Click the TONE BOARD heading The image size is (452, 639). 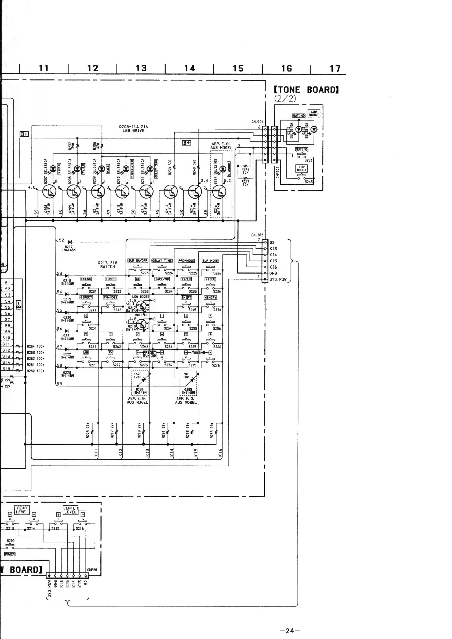[306, 90]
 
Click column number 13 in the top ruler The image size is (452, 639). [141, 68]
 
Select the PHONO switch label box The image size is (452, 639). [86, 279]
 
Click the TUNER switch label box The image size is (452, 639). [111, 279]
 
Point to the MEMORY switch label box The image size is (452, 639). [210, 298]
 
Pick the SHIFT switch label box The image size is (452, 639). [186, 297]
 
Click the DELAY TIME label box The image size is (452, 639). [162, 261]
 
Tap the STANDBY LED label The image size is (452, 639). [229, 169]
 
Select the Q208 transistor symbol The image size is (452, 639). [49, 191]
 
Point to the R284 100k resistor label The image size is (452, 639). [35, 346]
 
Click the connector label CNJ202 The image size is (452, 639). [257, 235]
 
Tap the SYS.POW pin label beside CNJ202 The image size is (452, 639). [278, 279]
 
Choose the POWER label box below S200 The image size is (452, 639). [10, 554]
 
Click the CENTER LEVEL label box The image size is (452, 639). [70, 510]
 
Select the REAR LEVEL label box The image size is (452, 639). [22, 510]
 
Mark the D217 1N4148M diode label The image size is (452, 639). [68, 248]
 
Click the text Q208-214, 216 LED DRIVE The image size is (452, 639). [133, 129]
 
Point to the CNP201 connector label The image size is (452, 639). [93, 570]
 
